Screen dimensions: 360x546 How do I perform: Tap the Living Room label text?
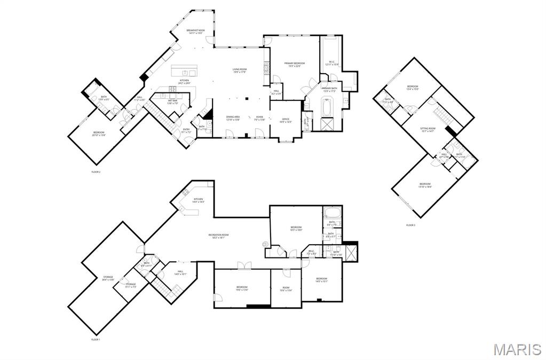coord(239,71)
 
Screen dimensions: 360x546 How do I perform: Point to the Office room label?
coord(286,120)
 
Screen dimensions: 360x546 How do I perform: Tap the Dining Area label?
coord(233,118)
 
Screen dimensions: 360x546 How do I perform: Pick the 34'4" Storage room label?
coord(108,278)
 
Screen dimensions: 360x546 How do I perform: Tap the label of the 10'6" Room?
coord(286,289)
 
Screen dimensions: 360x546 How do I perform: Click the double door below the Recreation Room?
coord(243,265)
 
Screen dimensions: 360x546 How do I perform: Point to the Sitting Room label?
coord(428,130)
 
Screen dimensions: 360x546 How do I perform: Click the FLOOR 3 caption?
coord(410,225)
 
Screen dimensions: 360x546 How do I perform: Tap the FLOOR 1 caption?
coord(95,340)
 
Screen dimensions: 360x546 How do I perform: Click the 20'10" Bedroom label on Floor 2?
coord(99,134)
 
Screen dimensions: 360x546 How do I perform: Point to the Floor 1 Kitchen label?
coord(199,200)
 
